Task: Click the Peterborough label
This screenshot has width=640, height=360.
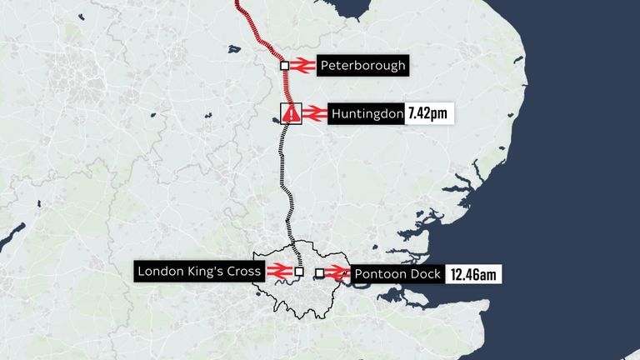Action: coord(362,65)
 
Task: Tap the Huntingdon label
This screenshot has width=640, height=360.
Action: coord(367,114)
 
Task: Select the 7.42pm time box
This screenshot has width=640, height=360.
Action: coord(429,114)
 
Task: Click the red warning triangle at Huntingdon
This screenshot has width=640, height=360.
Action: coord(290,114)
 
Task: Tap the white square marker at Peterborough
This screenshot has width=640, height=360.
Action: coord(284,65)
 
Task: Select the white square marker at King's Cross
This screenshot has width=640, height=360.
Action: coord(298,271)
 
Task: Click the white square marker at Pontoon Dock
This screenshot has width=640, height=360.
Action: coord(319,273)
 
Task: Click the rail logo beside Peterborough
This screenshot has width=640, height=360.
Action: coord(302,65)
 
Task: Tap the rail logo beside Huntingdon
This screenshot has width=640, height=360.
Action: coord(313,114)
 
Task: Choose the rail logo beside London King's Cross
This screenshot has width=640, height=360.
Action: coord(277,271)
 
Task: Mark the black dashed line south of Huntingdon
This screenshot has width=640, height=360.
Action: coord(287,175)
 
